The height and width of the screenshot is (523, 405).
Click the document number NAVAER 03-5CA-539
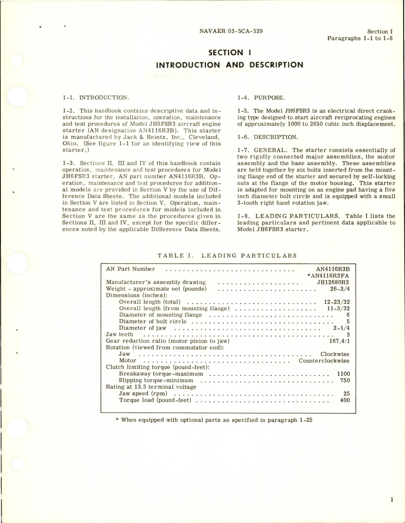(231, 31)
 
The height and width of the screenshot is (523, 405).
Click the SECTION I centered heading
(229, 52)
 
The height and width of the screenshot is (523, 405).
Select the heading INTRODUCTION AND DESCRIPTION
(229, 65)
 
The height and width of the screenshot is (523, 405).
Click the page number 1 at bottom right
(392, 500)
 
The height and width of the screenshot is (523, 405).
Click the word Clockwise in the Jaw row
(335, 354)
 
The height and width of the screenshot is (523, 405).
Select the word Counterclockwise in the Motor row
(324, 361)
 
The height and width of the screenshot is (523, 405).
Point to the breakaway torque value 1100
(343, 374)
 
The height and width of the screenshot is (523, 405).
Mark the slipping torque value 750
(345, 380)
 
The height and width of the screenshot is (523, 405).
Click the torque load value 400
(345, 400)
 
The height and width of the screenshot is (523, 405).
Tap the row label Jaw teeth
(119, 334)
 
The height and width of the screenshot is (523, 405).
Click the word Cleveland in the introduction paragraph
(207, 137)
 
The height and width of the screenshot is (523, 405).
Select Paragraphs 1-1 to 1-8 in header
(360, 38)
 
